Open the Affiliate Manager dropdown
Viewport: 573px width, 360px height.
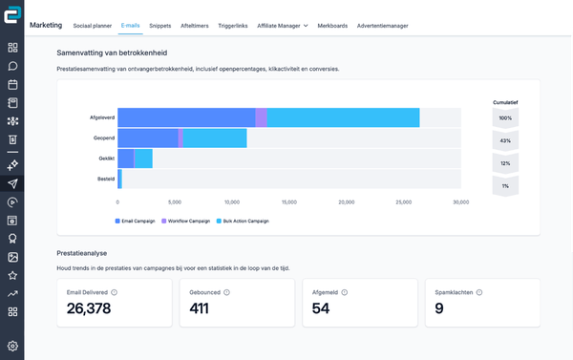click(x=283, y=25)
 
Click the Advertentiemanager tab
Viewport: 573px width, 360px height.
click(x=383, y=25)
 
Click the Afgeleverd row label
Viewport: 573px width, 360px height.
click(x=101, y=117)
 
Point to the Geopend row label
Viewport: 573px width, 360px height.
click(x=104, y=138)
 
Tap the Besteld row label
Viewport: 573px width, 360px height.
click(x=105, y=179)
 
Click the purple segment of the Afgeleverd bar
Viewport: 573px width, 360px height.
click(x=261, y=117)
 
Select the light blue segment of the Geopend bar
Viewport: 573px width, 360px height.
click(x=215, y=138)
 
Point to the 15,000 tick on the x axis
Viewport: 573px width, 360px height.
click(x=289, y=201)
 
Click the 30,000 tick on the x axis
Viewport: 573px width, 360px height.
click(x=460, y=201)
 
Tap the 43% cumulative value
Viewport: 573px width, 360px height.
click(x=504, y=139)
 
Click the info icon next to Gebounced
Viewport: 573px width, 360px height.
click(x=225, y=292)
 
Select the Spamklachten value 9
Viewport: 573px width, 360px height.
click(x=439, y=308)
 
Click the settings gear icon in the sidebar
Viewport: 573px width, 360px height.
click(x=12, y=346)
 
